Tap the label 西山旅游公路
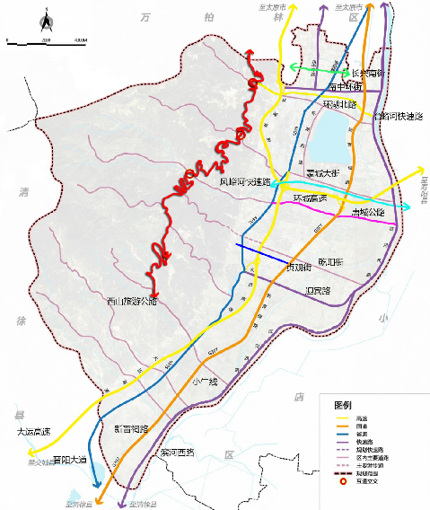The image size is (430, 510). coord(132,301)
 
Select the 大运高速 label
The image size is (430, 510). coord(34,432)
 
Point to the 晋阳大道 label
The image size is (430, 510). coord(70,459)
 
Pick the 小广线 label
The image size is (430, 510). coord(205,381)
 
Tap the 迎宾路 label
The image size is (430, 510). coord(318,291)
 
